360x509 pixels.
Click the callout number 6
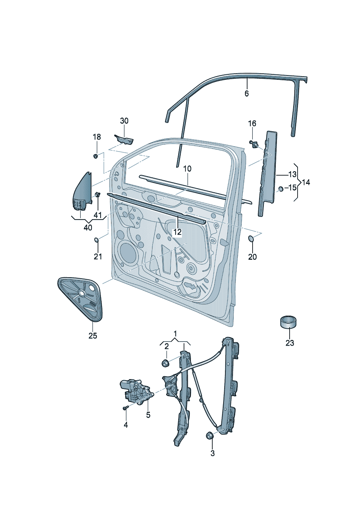[247, 94]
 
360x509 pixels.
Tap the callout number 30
[124, 121]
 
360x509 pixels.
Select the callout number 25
[93, 336]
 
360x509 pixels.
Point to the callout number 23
[290, 343]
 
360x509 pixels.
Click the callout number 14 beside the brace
[306, 182]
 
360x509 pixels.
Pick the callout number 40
[88, 228]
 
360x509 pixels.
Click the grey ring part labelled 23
[289, 322]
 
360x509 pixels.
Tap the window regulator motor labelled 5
[136, 391]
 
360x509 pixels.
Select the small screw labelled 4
[125, 408]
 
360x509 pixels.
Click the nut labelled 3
[209, 435]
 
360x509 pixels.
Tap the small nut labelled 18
[95, 156]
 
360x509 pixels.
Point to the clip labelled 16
[255, 144]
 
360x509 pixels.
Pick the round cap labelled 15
[281, 189]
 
